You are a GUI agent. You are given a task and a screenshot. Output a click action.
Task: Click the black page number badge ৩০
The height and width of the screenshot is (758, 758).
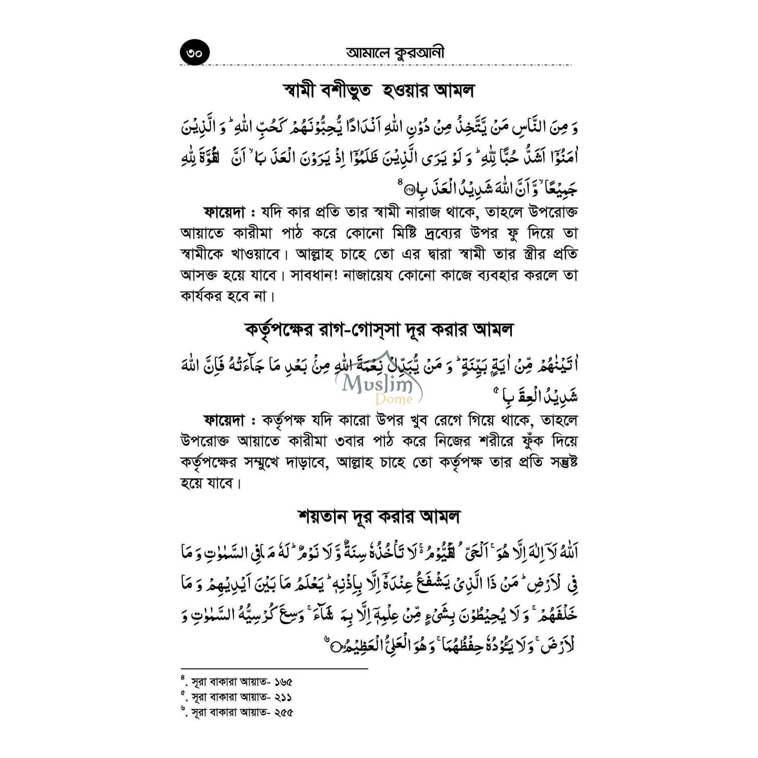tap(195, 52)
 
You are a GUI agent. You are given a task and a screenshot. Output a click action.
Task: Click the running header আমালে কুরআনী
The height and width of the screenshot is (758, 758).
tap(395, 53)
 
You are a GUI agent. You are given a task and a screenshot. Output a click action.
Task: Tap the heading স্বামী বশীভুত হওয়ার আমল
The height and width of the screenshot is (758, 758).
tap(378, 91)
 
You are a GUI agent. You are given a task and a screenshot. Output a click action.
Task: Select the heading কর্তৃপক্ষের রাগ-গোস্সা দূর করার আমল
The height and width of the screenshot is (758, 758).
tap(379, 330)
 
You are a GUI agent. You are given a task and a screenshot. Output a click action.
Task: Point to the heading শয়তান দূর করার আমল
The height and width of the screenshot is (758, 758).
tap(378, 516)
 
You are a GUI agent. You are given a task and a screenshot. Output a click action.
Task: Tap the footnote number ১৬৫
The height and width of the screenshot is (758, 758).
tap(283, 682)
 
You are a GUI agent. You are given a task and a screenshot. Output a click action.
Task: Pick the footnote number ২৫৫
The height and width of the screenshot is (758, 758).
tap(283, 712)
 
